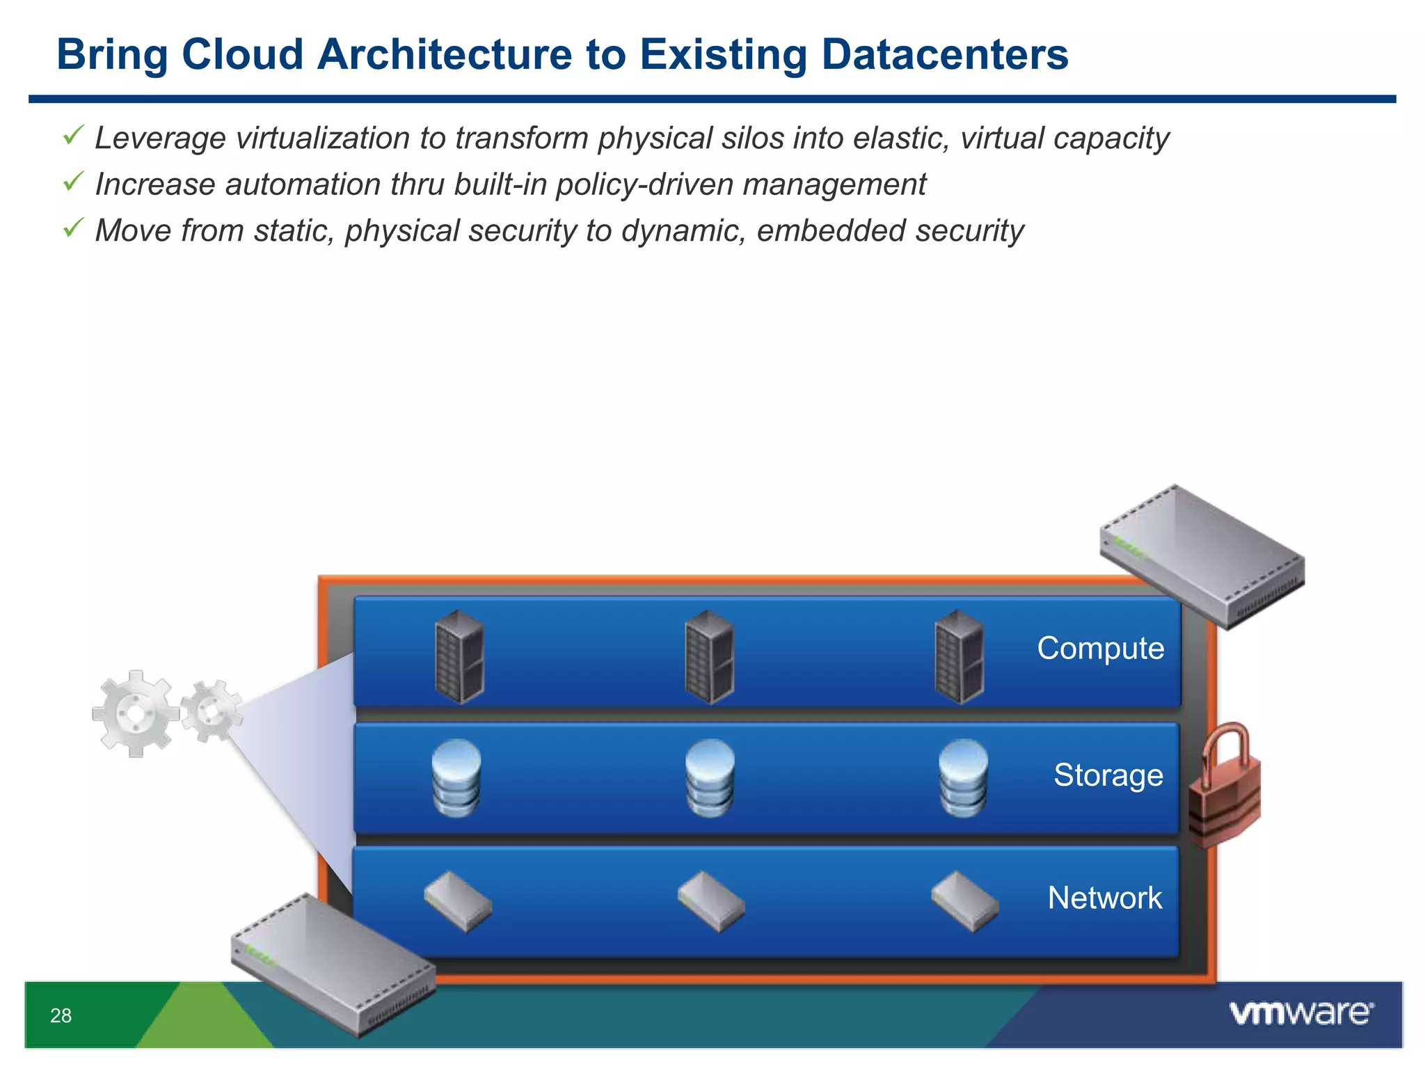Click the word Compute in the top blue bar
1100,648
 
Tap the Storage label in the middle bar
1108,775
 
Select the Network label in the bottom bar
1104,898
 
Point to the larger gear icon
135,713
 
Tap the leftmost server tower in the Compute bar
459,656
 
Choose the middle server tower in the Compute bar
709,656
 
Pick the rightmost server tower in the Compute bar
960,656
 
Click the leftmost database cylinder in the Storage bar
456,777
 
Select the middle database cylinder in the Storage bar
710,777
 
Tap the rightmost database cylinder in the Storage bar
963,777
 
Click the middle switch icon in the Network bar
711,901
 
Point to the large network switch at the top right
1202,557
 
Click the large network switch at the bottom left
333,964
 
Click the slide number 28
61,1015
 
